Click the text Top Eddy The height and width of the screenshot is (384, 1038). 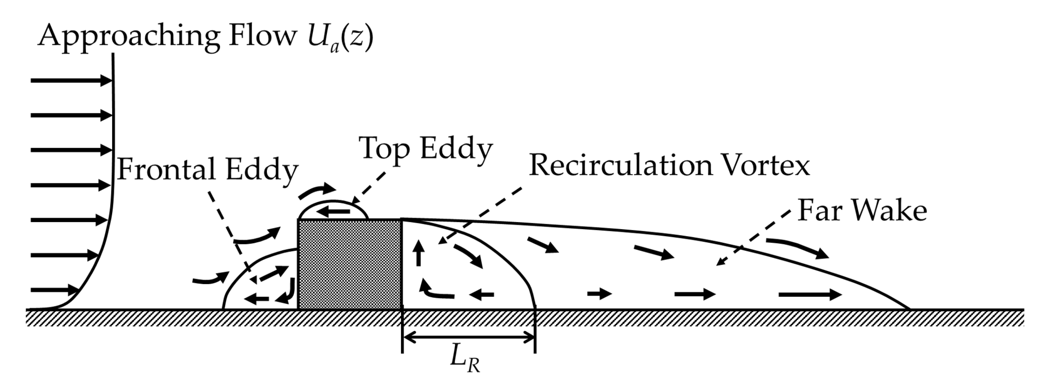(x=426, y=148)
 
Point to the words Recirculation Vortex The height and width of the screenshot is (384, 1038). (x=669, y=165)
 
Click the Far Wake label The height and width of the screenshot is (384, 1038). (x=862, y=211)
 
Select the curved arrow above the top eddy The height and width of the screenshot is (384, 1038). (x=317, y=191)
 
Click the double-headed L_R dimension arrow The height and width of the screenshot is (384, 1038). (x=469, y=338)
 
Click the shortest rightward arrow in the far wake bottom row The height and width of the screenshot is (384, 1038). (x=600, y=294)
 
